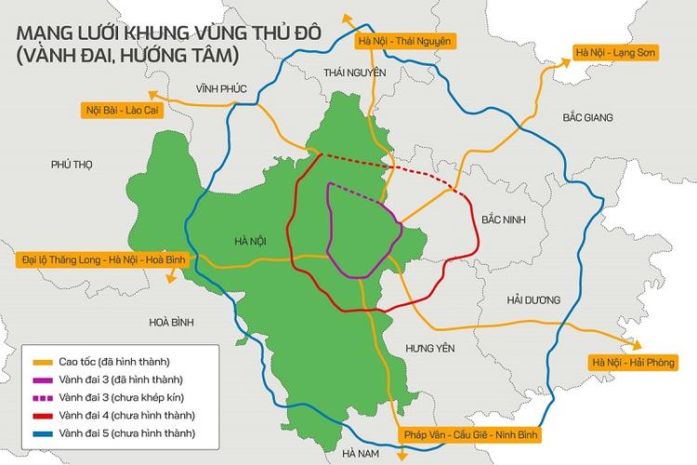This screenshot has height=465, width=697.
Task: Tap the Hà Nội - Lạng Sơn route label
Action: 614,52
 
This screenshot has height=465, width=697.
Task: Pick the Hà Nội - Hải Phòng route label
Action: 635,362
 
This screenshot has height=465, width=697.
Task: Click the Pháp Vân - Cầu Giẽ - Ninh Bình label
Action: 472,434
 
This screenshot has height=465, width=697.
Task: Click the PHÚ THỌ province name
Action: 73,165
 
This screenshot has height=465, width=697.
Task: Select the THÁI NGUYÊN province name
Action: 351,72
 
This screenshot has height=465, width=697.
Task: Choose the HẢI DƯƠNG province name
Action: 533,299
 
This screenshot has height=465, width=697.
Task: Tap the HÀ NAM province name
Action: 362,453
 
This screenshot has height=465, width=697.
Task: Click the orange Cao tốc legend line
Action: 40,361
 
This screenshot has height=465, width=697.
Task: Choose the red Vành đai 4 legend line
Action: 40,414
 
